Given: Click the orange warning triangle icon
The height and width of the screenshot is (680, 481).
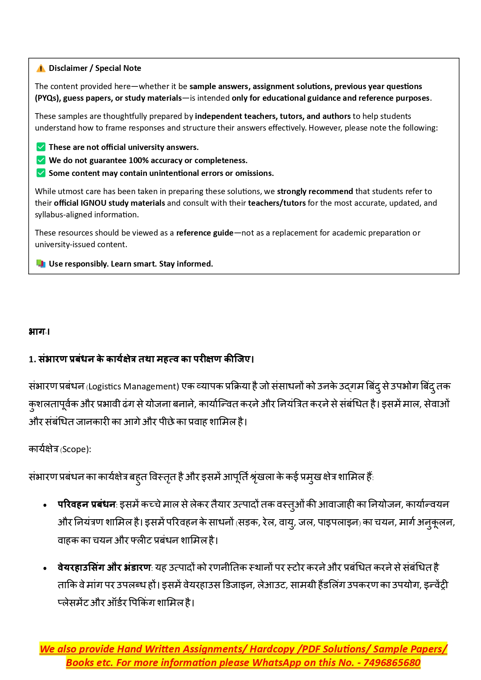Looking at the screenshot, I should click(x=41, y=69).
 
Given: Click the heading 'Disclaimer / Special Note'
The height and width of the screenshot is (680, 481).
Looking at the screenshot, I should click(x=95, y=68).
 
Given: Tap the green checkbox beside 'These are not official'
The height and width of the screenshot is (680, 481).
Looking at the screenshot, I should click(x=41, y=147).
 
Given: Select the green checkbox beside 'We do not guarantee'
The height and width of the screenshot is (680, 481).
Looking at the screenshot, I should click(x=41, y=160).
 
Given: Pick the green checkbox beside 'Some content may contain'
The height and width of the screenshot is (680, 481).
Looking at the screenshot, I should click(x=41, y=173).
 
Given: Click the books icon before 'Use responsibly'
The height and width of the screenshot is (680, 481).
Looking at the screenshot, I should click(x=41, y=264).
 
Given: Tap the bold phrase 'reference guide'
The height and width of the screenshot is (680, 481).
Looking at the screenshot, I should click(x=205, y=233).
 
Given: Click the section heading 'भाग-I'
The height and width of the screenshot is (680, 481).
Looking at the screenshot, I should click(x=39, y=332).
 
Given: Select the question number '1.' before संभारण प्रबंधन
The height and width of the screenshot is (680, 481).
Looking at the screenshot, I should click(x=32, y=360).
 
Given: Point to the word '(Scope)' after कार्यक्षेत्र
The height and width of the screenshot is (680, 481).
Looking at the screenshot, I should click(x=76, y=449).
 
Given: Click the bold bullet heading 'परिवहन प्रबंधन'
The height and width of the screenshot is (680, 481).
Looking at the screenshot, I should click(x=86, y=504).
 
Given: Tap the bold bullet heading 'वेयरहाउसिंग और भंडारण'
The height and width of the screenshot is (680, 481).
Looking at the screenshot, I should click(x=104, y=568).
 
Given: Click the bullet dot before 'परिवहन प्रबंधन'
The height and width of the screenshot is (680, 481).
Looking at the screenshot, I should click(x=45, y=505).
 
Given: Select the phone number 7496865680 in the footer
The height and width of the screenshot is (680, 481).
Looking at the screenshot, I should click(x=392, y=663).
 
